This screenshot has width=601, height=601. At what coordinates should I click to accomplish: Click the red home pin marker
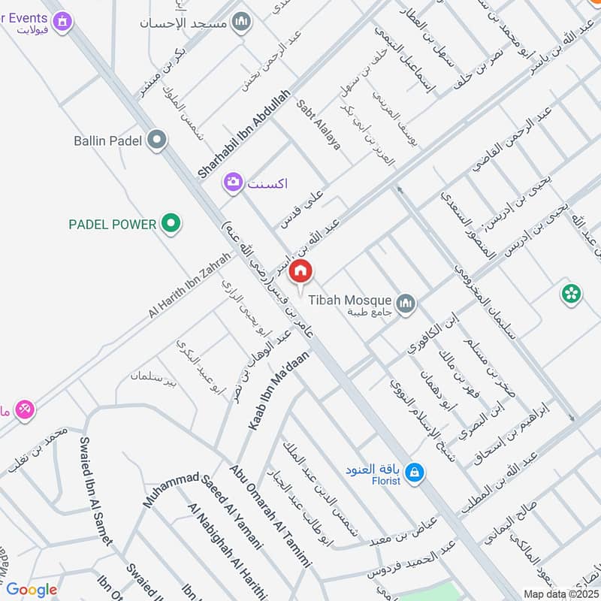300,272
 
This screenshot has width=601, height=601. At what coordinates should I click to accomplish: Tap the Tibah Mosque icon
406,303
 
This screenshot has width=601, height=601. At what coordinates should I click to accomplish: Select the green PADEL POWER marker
172,223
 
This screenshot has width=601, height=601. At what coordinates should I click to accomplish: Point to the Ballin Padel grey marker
157,140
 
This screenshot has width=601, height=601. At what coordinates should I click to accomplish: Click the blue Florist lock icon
413,473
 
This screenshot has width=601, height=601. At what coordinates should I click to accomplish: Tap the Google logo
32,590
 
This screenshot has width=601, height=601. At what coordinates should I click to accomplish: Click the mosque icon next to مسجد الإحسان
241,23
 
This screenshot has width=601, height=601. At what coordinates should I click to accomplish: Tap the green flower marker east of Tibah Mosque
571,294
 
